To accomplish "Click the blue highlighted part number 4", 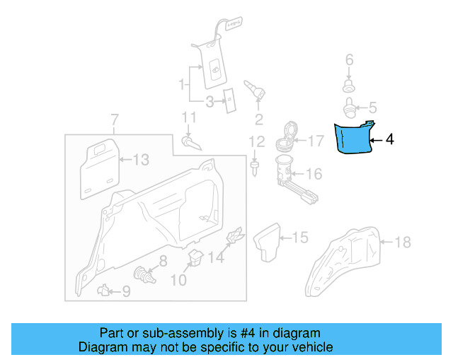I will [352, 138].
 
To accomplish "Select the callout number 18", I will [402, 243].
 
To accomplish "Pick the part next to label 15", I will [269, 241].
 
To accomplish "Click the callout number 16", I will [314, 174].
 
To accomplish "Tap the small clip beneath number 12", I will [254, 168].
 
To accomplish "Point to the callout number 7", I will [115, 118].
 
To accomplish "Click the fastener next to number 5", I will [349, 109].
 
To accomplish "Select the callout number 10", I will [178, 281].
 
